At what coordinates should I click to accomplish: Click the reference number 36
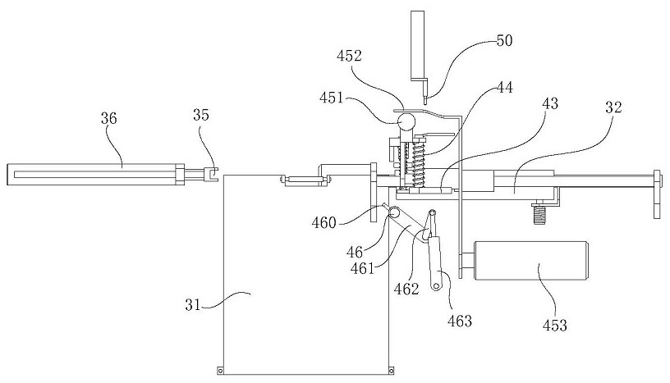[108, 118]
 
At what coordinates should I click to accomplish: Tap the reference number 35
[202, 114]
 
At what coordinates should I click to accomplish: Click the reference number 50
[504, 40]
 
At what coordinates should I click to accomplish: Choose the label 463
[460, 320]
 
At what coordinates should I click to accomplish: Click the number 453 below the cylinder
[554, 325]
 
